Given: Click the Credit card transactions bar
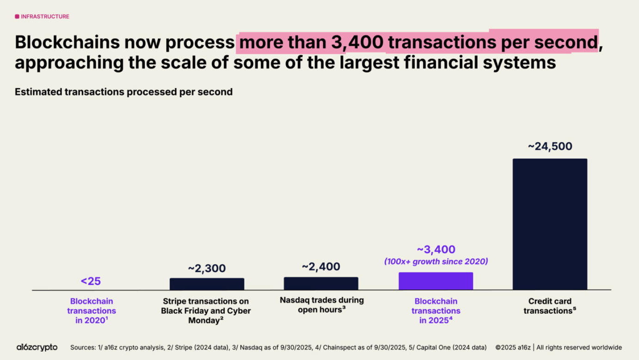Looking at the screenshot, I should tap(550, 224).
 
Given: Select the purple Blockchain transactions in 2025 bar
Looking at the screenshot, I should tap(436, 281).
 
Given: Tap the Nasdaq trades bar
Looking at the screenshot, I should tap(321, 284).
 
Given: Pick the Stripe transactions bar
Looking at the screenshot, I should tap(207, 284).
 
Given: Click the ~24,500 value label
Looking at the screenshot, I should tap(550, 146).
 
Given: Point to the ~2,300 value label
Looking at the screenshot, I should tap(207, 268).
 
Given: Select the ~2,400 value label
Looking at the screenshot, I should tap(321, 267).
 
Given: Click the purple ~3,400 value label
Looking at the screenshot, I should tap(436, 249).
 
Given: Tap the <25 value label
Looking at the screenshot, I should tap(91, 281).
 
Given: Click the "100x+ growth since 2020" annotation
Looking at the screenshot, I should tap(436, 261).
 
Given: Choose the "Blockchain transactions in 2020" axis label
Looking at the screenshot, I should tap(92, 311).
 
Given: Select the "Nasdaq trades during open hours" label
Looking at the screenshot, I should tap(321, 305).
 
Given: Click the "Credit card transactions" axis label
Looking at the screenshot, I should tap(550, 306).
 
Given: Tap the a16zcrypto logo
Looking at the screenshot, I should tap(37, 347).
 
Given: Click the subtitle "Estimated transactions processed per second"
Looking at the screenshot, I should tap(123, 92).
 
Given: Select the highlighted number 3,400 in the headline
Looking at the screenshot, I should tap(357, 42).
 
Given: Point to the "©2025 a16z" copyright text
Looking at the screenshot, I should tap(513, 348).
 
